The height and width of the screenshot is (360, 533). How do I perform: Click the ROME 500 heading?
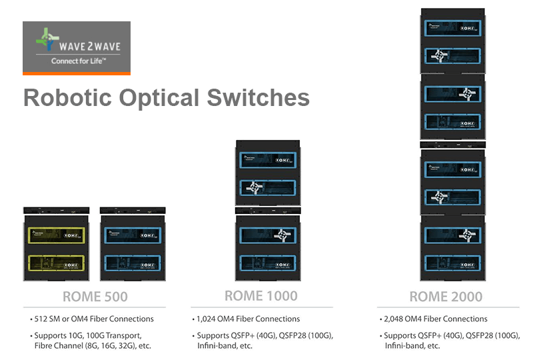[x=95, y=296]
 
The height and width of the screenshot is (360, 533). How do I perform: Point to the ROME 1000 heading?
[x=261, y=296]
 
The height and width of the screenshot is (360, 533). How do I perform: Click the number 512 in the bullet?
[x=38, y=319]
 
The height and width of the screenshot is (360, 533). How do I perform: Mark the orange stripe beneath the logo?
[x=77, y=72]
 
